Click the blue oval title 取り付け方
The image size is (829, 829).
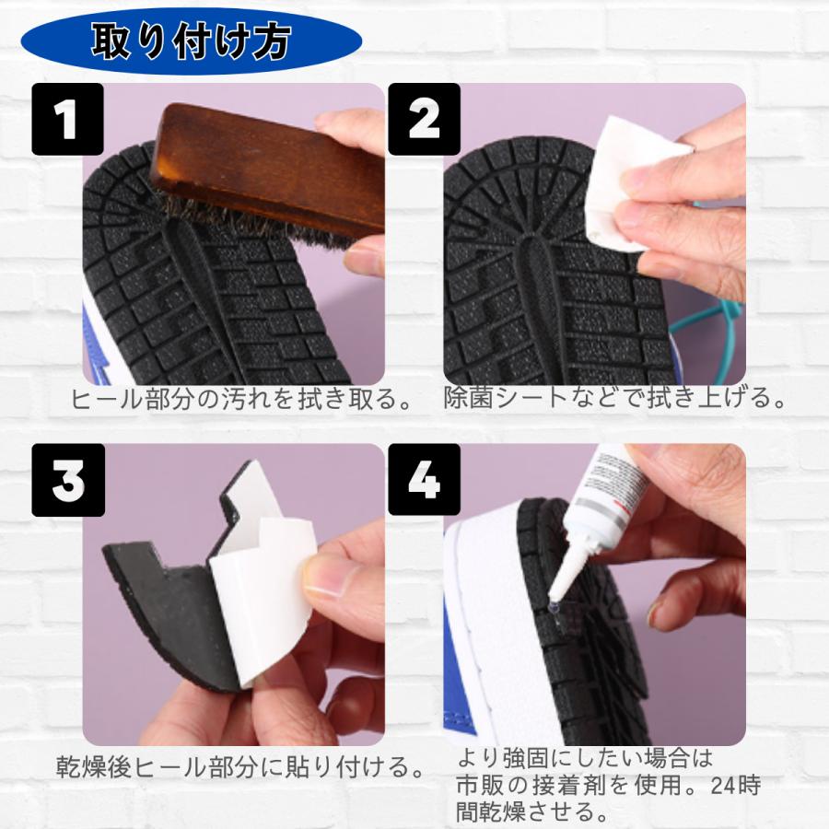[x=191, y=41]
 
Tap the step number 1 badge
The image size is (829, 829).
[x=67, y=119]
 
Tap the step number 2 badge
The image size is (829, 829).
[x=423, y=119]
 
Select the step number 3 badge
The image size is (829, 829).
[x=67, y=480]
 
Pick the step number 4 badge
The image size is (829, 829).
[x=423, y=480]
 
